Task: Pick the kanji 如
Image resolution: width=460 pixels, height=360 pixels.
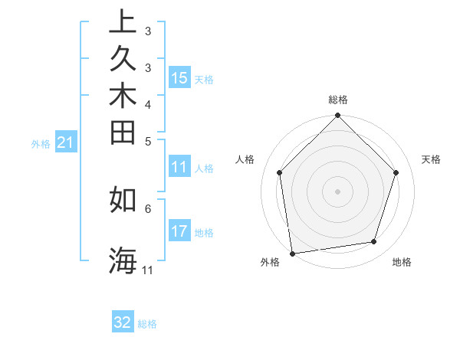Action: (x=122, y=199)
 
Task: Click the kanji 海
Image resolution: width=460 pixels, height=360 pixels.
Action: (x=122, y=260)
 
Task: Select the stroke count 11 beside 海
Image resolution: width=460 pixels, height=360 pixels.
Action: (x=148, y=270)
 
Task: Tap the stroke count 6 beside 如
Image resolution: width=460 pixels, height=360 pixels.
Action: (x=148, y=208)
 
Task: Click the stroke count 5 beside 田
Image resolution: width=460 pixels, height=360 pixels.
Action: (x=148, y=141)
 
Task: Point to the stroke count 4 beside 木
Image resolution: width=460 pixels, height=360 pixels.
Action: (x=148, y=104)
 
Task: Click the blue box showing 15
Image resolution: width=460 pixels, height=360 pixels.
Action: (x=179, y=78)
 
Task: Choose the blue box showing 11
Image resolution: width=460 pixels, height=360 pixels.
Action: (x=179, y=168)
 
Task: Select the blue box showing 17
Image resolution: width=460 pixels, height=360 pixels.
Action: (x=179, y=231)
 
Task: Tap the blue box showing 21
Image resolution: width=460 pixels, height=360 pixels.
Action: (x=65, y=142)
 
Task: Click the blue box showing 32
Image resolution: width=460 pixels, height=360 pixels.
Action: (x=123, y=322)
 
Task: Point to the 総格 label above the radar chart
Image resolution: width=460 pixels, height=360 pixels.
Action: (x=337, y=100)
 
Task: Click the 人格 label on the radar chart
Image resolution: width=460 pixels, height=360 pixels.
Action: (x=245, y=159)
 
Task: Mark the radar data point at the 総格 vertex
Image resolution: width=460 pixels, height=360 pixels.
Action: (x=337, y=116)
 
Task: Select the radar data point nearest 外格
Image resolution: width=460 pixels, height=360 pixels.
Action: (x=292, y=253)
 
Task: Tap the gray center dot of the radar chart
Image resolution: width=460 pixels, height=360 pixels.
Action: (x=337, y=191)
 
